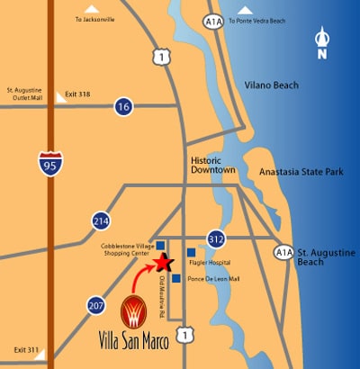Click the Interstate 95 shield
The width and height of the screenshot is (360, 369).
click(x=51, y=163)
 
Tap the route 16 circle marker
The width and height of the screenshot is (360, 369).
click(x=123, y=107)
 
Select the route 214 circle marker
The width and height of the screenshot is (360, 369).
click(x=100, y=220)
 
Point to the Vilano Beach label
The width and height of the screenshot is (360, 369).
click(x=271, y=85)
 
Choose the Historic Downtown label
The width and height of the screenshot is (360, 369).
click(x=214, y=166)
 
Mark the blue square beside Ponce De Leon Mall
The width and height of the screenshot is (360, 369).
click(x=175, y=278)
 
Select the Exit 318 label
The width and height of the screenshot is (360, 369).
click(x=79, y=94)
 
